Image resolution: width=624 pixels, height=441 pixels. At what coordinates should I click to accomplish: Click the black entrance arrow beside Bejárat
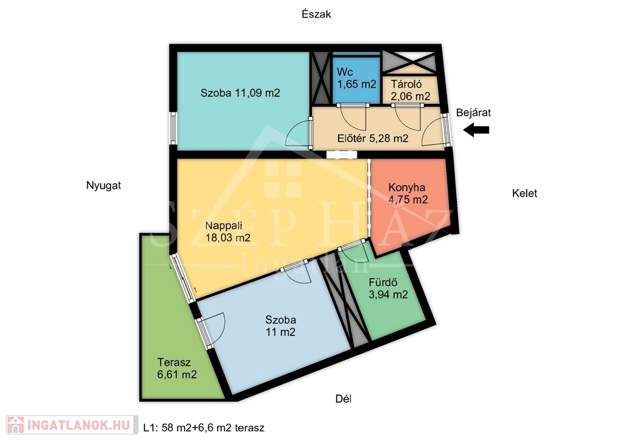476,130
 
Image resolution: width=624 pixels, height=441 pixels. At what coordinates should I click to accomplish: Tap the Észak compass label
317,14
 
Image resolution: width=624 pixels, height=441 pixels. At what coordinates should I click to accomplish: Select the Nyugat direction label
103,185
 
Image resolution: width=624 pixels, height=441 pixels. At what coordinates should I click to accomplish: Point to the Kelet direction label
525,194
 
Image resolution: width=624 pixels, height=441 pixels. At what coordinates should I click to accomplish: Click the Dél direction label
343,399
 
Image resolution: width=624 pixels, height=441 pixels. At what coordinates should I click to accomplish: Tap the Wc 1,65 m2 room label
357,79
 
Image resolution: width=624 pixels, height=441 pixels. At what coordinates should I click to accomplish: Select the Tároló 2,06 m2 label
410,90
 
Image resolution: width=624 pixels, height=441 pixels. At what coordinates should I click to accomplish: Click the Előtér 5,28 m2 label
373,138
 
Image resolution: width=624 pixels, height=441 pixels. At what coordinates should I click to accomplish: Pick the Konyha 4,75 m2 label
408,194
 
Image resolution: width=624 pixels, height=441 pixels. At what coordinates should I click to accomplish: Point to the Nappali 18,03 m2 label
227,231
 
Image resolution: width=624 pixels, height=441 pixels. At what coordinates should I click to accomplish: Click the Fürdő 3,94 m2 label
388,288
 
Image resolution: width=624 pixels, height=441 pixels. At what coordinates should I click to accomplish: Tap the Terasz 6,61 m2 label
177,368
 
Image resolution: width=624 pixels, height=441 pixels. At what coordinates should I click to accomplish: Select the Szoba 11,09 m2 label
240,93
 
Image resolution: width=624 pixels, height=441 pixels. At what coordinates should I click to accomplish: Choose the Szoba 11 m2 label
281,325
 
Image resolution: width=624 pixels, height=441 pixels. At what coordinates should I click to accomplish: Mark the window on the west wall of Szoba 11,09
173,128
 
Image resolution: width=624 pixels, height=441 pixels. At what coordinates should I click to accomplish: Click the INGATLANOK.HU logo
71,425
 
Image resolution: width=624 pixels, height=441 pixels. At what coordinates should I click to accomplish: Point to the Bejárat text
473,112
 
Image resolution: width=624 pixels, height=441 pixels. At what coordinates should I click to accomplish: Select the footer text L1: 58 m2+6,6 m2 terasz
203,428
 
